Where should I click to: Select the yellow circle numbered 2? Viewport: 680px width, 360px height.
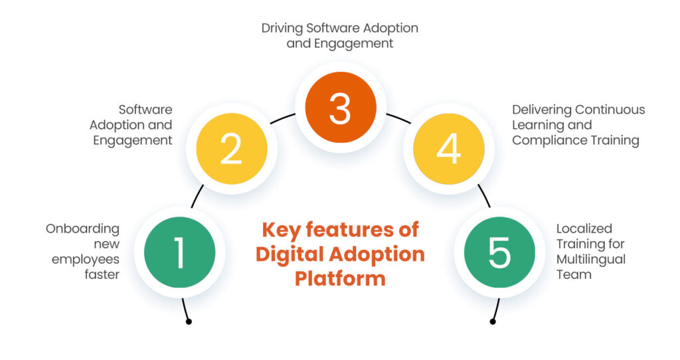(231, 149)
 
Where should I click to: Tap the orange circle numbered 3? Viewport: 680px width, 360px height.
(340, 108)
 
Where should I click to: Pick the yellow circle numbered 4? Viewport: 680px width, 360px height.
(448, 149)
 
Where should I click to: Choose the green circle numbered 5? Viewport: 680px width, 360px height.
(499, 252)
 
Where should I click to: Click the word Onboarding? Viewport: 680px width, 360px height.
(82, 228)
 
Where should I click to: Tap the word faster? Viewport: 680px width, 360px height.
(102, 274)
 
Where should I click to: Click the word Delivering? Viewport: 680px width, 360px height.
(541, 110)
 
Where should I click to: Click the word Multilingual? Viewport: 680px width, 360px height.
(591, 259)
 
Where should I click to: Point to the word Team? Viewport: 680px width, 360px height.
(573, 274)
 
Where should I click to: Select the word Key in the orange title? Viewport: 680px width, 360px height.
(278, 230)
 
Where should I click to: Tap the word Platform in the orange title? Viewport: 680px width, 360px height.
(340, 278)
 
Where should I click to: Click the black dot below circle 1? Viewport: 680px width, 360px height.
(189, 322)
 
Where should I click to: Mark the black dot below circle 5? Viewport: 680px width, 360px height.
(492, 322)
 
